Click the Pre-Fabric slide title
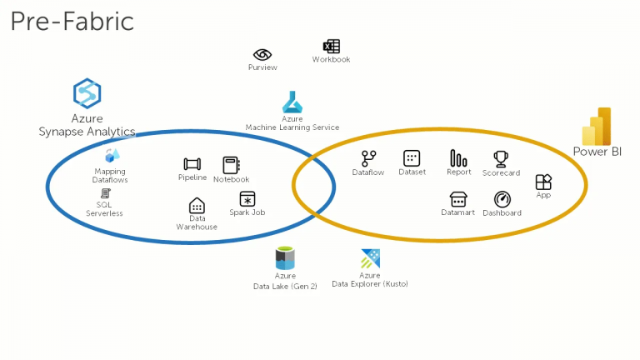pyautogui.click(x=72, y=22)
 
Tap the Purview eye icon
pyautogui.click(x=262, y=54)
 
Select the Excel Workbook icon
pyautogui.click(x=332, y=46)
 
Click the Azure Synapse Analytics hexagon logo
pyautogui.click(x=87, y=93)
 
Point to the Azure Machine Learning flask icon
pyautogui.click(x=292, y=102)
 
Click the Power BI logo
pyautogui.click(x=597, y=126)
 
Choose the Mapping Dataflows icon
pyautogui.click(x=112, y=156)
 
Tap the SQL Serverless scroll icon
pyautogui.click(x=105, y=193)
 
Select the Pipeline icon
pyautogui.click(x=192, y=164)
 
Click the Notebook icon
pyautogui.click(x=232, y=165)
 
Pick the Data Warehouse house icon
pyautogui.click(x=197, y=206)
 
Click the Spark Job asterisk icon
pyautogui.click(x=247, y=199)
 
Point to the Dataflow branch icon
pyautogui.click(x=368, y=159)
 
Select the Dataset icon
pyautogui.click(x=412, y=158)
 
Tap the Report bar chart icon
pyautogui.click(x=458, y=158)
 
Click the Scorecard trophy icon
pyautogui.click(x=501, y=159)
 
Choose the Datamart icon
pyautogui.click(x=458, y=200)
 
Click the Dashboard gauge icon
pyautogui.click(x=502, y=200)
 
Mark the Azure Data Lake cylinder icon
pyautogui.click(x=285, y=258)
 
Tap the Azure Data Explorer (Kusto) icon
pyautogui.click(x=370, y=259)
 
